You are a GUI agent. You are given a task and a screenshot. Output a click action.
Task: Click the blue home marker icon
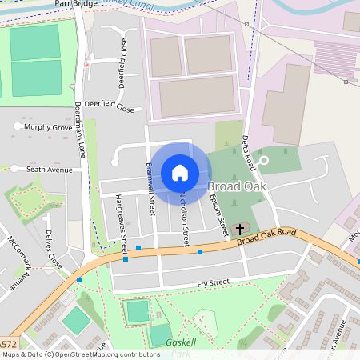(180, 173)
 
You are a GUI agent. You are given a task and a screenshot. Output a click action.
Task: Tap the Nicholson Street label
(185, 216)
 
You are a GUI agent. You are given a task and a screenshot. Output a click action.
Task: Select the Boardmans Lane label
(79, 128)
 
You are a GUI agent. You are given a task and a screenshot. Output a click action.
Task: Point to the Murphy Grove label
(47, 127)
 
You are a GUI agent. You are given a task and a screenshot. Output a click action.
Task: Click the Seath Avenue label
(49, 170)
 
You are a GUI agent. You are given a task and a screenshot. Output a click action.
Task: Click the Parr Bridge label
(74, 4)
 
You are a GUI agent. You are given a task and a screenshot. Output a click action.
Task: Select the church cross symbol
(240, 230)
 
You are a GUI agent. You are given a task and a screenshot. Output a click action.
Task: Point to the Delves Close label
(53, 249)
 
